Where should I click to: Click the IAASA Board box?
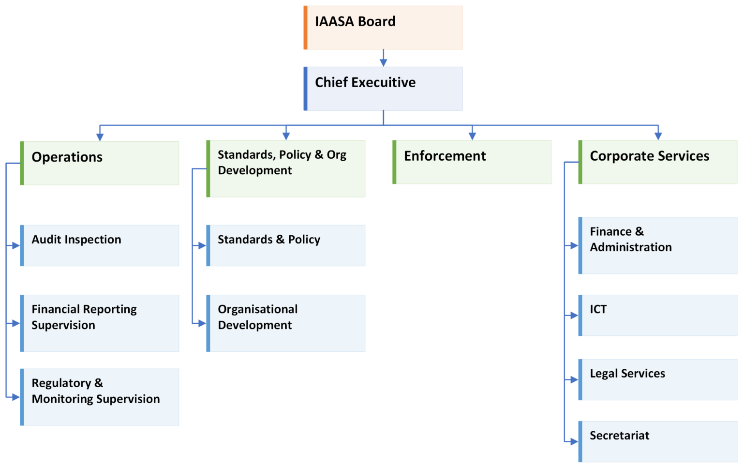coord(383,28)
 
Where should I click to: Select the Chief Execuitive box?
coord(383,89)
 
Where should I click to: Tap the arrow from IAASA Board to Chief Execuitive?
coord(383,58)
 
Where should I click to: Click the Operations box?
coord(100,163)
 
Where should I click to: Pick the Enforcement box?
coord(472,162)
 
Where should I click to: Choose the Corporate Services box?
coord(658,162)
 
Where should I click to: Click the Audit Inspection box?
coord(100,245)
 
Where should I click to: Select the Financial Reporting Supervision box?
coord(100,323)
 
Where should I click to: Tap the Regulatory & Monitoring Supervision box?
coord(100,397)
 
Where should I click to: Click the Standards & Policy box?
coord(286,245)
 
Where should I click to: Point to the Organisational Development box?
coord(286,323)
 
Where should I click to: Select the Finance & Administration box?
coord(658,245)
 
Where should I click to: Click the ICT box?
coord(658,316)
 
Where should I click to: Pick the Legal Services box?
coord(658,379)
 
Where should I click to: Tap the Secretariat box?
coord(658,441)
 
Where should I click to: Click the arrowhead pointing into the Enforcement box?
coord(472,136)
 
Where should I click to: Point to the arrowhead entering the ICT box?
coord(574,316)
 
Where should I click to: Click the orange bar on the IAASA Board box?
coord(305,28)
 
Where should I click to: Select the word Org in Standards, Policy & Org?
coord(336,155)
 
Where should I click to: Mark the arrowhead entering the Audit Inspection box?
coord(16,246)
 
